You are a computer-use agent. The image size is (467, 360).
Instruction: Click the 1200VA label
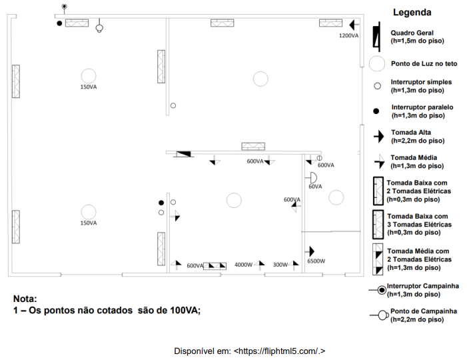[349, 36]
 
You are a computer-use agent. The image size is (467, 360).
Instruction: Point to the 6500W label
[316, 261]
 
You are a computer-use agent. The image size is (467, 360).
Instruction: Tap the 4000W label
[243, 265]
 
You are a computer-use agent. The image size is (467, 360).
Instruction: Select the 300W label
[280, 265]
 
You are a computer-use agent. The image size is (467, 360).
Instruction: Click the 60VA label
[315, 187]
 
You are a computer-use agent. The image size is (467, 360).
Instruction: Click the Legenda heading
[412, 12]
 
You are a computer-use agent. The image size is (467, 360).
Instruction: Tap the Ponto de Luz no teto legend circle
[377, 63]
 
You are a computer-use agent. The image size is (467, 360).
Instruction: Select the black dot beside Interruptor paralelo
[376, 111]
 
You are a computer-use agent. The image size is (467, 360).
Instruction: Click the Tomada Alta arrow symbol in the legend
[379, 137]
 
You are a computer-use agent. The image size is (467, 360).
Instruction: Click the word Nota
[25, 299]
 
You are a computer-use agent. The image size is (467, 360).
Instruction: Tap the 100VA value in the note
[185, 310]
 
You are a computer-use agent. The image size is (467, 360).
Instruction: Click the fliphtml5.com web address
[279, 351]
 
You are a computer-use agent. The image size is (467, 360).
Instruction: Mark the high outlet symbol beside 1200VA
[354, 25]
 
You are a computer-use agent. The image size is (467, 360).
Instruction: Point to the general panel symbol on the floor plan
[183, 154]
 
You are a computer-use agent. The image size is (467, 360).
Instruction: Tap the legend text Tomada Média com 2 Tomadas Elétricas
[419, 259]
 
